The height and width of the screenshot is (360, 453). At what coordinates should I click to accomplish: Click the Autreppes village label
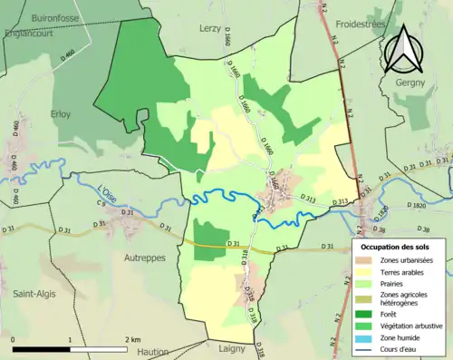141,257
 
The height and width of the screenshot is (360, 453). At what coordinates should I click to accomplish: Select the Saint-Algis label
35,292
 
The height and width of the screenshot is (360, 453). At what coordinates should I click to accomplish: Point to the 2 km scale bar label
133,339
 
